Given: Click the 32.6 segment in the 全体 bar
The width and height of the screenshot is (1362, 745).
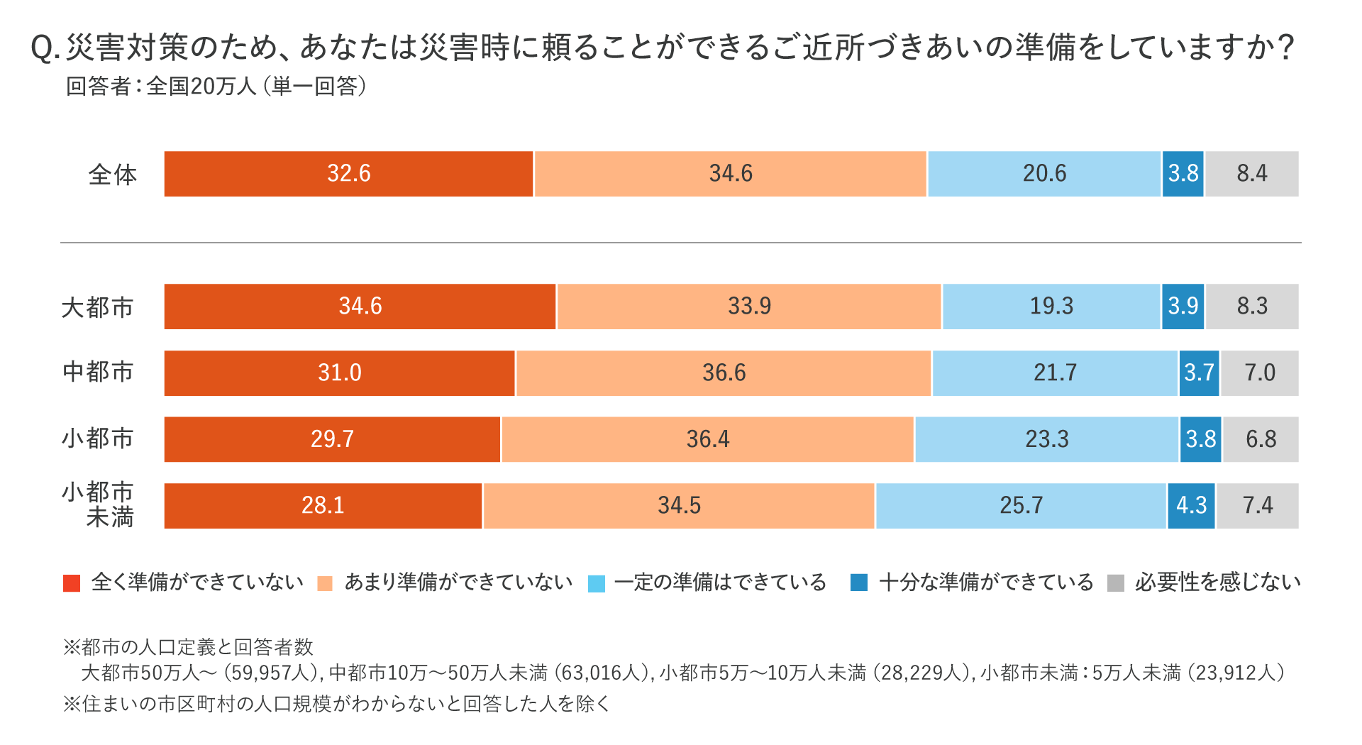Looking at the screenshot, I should pyautogui.click(x=348, y=174).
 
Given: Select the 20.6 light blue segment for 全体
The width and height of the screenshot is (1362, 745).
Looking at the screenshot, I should pyautogui.click(x=1044, y=174).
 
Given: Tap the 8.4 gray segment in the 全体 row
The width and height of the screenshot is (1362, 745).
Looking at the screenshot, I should pyautogui.click(x=1252, y=174).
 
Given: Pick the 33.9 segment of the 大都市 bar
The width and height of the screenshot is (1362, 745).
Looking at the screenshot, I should pyautogui.click(x=749, y=307).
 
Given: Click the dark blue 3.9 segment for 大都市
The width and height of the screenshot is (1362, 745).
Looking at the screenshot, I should pyautogui.click(x=1183, y=307).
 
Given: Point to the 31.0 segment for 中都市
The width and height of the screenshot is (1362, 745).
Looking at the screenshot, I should pyautogui.click(x=339, y=373).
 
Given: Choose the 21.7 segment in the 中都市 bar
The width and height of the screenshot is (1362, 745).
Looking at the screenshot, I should pyautogui.click(x=1055, y=373).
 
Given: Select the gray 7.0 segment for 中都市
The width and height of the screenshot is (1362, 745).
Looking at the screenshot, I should pyautogui.click(x=1260, y=373).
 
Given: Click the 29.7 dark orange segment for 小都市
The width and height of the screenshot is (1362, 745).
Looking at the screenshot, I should pyautogui.click(x=332, y=439).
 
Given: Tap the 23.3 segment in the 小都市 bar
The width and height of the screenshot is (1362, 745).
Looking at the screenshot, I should pyautogui.click(x=1046, y=439).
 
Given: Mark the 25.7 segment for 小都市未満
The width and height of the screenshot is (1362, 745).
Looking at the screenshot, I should pyautogui.click(x=1021, y=506).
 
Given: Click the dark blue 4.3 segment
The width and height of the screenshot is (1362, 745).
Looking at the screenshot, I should pyautogui.click(x=1191, y=506).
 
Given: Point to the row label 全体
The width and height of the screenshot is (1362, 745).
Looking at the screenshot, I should pyautogui.click(x=112, y=175).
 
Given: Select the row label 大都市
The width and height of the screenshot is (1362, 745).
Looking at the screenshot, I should pyautogui.click(x=98, y=307).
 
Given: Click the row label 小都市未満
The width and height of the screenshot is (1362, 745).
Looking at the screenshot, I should pyautogui.click(x=99, y=504).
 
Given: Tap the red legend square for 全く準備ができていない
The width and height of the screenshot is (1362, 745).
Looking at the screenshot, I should pyautogui.click(x=72, y=583).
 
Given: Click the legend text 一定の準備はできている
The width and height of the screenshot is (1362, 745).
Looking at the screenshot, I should pyautogui.click(x=721, y=583).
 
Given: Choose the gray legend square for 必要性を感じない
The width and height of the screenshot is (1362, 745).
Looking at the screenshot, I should pyautogui.click(x=1116, y=583).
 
